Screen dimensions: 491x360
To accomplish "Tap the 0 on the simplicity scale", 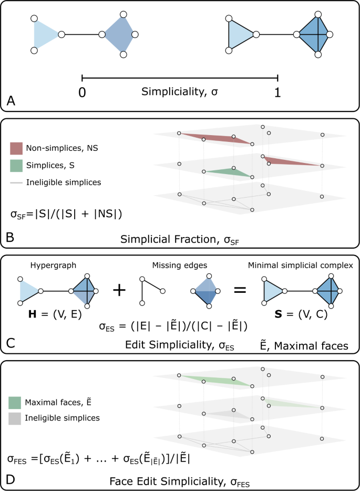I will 82,93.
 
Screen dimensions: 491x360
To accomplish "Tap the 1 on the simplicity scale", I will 277,93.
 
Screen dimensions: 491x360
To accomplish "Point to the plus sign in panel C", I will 120,290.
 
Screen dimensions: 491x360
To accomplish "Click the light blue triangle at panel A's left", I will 44,35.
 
